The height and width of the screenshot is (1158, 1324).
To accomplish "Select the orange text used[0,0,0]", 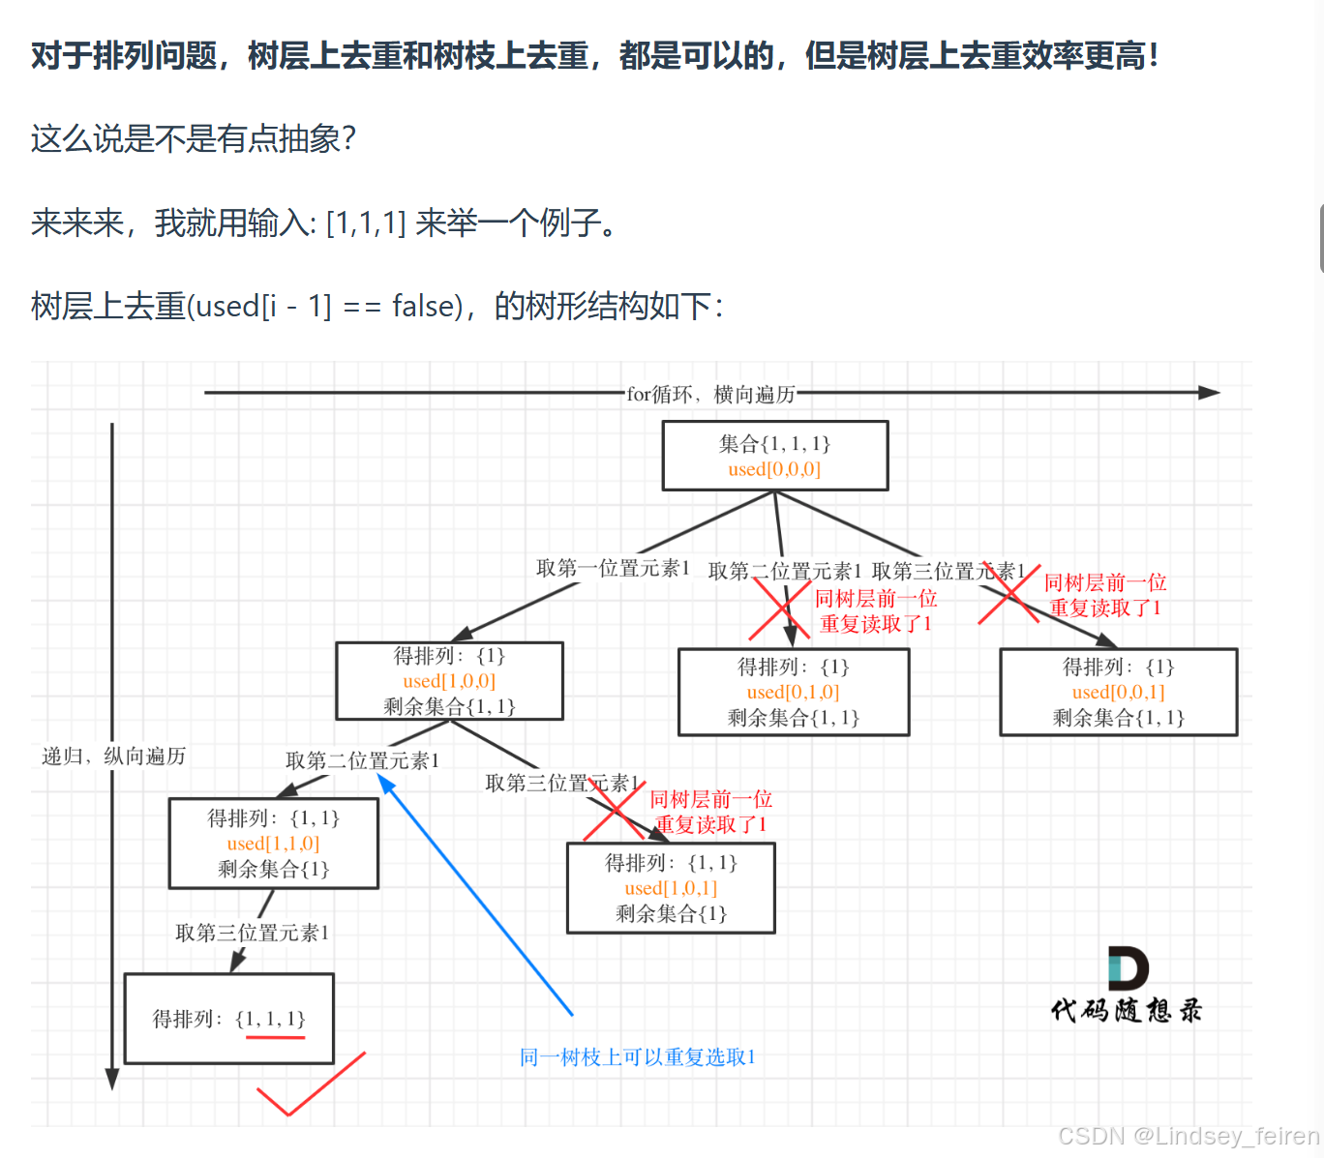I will (774, 469).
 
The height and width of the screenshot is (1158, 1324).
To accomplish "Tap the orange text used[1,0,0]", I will (449, 681).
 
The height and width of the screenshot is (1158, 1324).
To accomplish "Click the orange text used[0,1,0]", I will (793, 692).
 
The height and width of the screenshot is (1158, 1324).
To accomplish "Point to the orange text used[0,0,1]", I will (1118, 692).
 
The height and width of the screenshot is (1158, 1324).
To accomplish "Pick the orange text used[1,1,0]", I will (273, 844).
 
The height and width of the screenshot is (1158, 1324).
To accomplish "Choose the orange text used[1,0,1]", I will (671, 888).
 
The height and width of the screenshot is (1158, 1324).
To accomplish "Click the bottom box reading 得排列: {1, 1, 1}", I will (228, 1018).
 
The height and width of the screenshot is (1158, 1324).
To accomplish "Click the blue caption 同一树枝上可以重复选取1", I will (637, 1057).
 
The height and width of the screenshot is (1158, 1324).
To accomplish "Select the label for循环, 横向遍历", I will (710, 394).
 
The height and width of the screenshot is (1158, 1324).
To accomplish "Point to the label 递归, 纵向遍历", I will (113, 756).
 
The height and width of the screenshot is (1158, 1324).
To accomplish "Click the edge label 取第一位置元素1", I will (613, 568).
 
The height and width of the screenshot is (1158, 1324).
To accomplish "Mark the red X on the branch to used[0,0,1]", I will (1009, 593).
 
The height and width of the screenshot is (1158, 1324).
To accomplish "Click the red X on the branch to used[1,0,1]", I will (615, 810).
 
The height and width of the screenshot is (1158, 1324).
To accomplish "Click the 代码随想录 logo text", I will (1127, 1010).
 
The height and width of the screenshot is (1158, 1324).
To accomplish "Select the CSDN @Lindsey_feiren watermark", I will (1189, 1136).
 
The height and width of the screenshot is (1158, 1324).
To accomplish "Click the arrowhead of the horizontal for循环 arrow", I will (1209, 393).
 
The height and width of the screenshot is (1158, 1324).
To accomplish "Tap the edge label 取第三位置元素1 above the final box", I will (252, 933).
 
